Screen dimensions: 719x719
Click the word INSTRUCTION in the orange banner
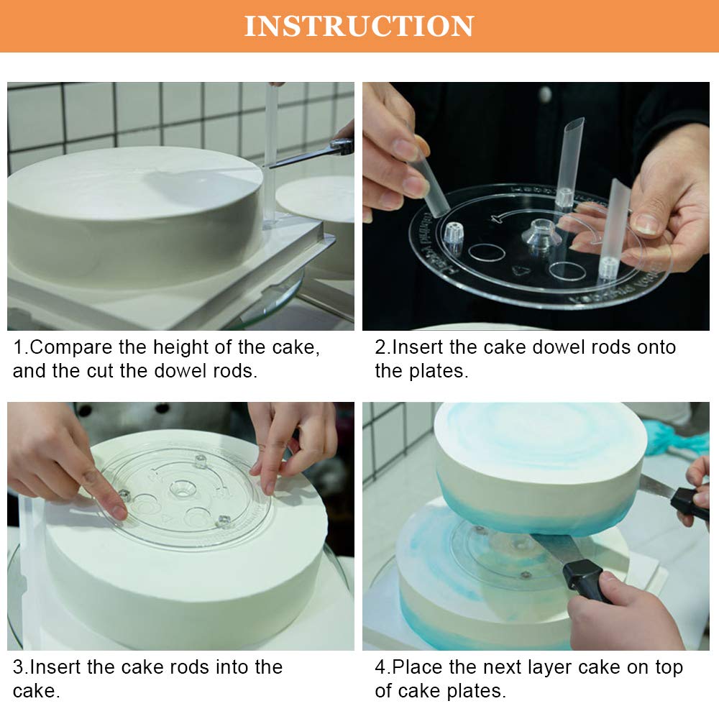point(359,26)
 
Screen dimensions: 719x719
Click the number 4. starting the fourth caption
point(382,667)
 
